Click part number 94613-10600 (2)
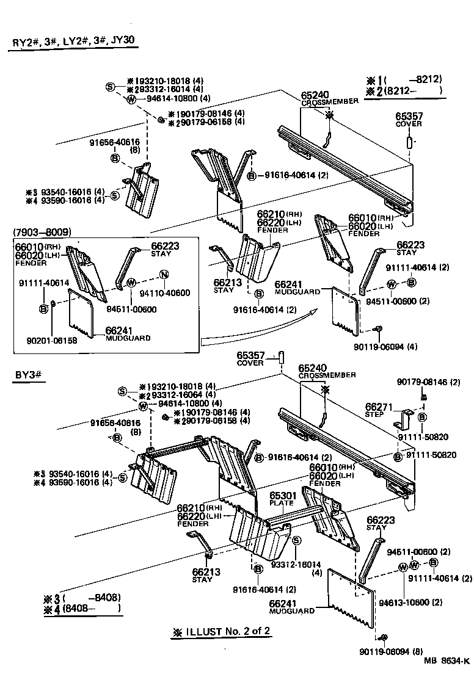point(419,602)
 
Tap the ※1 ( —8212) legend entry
point(404,80)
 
